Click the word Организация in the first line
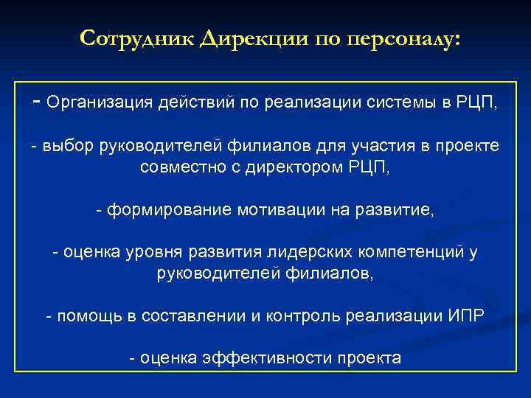tap(99, 103)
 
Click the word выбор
tap(68, 147)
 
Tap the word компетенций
tap(410, 254)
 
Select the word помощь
tap(88, 317)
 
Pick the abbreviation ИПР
tap(465, 317)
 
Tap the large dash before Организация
tap(37, 102)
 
